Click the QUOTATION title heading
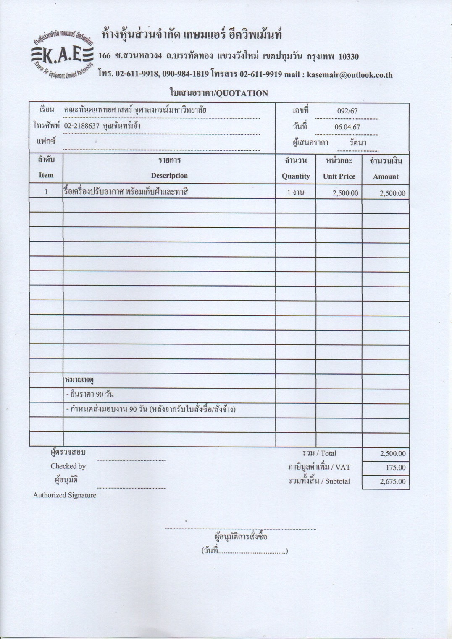[x=218, y=93]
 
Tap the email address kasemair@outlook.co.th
[x=350, y=75]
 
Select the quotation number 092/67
[x=347, y=111]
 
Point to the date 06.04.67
[x=347, y=127]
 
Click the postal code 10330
[x=348, y=56]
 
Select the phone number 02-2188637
[x=81, y=126]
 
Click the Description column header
[x=169, y=176]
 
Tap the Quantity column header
[x=296, y=176]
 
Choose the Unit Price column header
[x=339, y=176]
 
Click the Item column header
[x=46, y=175]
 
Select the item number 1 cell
[x=46, y=192]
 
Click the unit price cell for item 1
[x=345, y=193]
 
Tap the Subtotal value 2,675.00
[x=393, y=481]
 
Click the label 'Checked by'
[x=68, y=466]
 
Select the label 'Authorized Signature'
[x=65, y=495]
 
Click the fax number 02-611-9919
[x=260, y=74]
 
